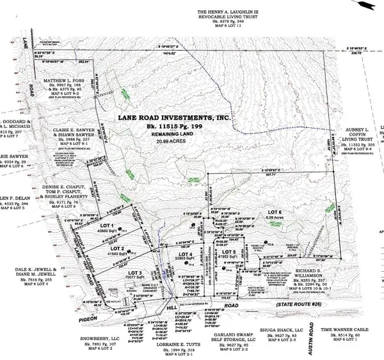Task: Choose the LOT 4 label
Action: point(186,255)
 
